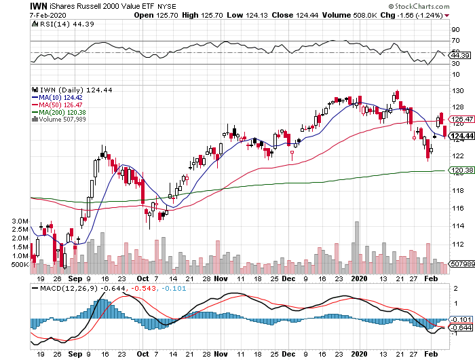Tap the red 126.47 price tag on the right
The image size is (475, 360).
[x=461, y=120]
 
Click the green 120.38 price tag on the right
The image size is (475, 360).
[x=461, y=170]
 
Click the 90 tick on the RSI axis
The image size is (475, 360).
[x=455, y=29]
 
